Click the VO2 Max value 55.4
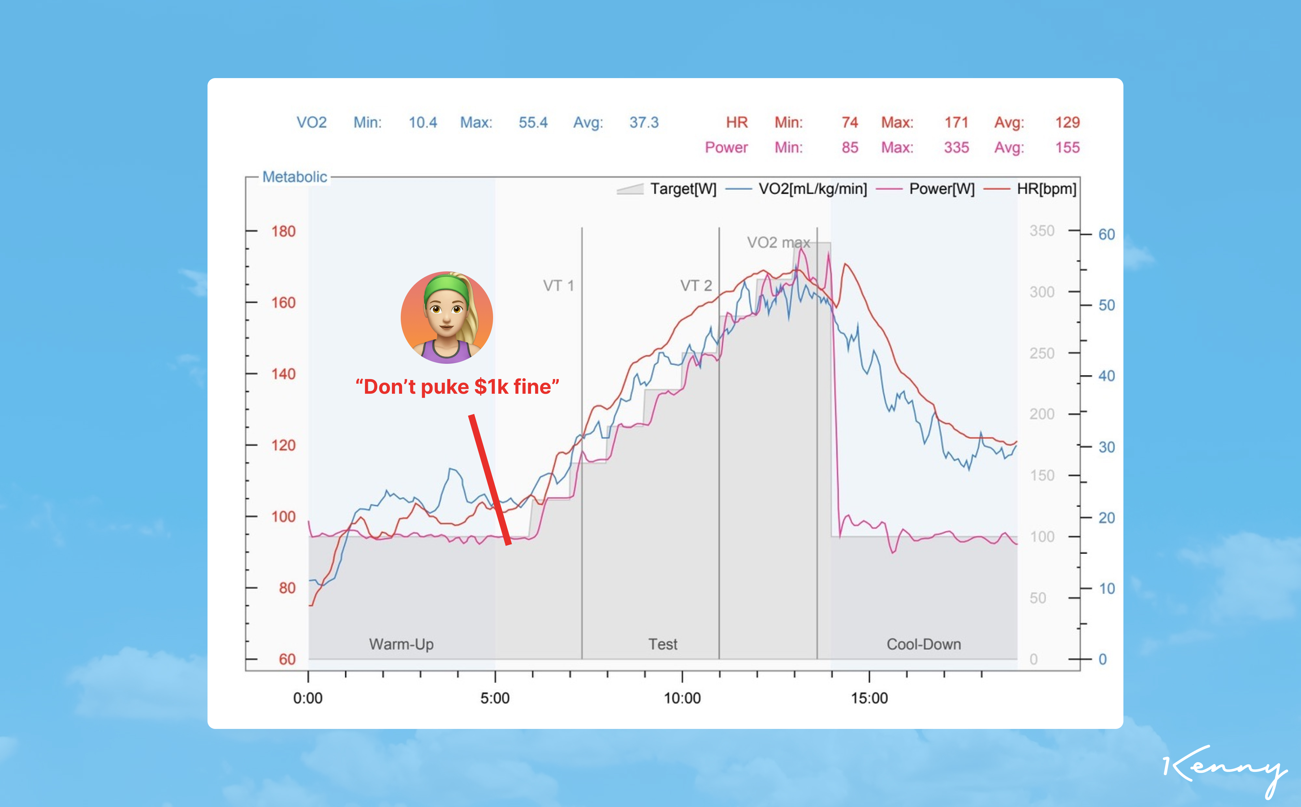coord(533,123)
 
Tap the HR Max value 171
coord(956,123)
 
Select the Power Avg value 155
coord(1067,148)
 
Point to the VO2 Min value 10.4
coord(422,123)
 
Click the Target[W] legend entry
coord(667,189)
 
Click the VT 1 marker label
coord(558,286)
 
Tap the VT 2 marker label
coord(696,286)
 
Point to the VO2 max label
coord(778,243)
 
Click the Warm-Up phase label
coord(401,644)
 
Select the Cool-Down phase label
coord(923,644)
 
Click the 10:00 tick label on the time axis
coord(682,698)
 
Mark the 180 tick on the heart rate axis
coord(283,232)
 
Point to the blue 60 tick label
coord(1106,235)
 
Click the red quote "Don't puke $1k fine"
coord(457,387)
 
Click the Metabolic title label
coord(294,177)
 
